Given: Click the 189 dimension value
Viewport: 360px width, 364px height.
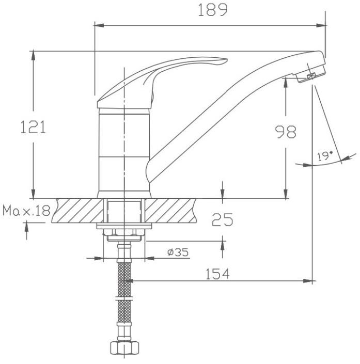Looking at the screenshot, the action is pos(213,10).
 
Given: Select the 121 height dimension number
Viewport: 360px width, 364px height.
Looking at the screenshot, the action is pos(33,126).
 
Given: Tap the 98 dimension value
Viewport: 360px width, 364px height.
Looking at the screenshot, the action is pos(286,132).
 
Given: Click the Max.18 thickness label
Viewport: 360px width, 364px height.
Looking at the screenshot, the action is pos(26,211).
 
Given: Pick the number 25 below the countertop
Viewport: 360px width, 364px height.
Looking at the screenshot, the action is pos(222,219).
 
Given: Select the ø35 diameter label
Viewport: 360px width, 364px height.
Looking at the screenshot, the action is pos(178,252).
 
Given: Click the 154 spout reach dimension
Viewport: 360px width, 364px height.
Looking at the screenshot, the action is pos(217,274).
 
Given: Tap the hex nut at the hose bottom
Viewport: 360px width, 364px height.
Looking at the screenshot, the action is pos(124,347).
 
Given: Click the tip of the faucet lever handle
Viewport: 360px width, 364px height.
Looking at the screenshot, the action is pos(226,60).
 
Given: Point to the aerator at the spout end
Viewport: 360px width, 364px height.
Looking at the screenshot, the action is pos(311,74).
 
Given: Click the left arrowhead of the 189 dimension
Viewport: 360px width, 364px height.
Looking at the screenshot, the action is pos(99,25).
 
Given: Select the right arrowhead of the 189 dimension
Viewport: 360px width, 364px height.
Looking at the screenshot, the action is pos(321,25).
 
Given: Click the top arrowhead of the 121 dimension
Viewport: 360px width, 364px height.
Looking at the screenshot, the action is pos(34,56).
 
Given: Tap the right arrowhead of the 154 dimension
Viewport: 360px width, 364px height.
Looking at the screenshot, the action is pos(308,281).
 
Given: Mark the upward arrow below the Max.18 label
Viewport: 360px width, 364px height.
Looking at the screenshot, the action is pos(26,231).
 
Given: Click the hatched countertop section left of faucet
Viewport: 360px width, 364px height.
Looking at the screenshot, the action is pos(78,210).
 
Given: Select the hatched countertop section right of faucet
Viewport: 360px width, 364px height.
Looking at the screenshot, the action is pos(171,210).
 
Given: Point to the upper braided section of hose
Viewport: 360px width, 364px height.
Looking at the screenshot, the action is pos(124,279).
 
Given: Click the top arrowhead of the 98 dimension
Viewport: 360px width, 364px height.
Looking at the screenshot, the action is pos(286,83).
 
